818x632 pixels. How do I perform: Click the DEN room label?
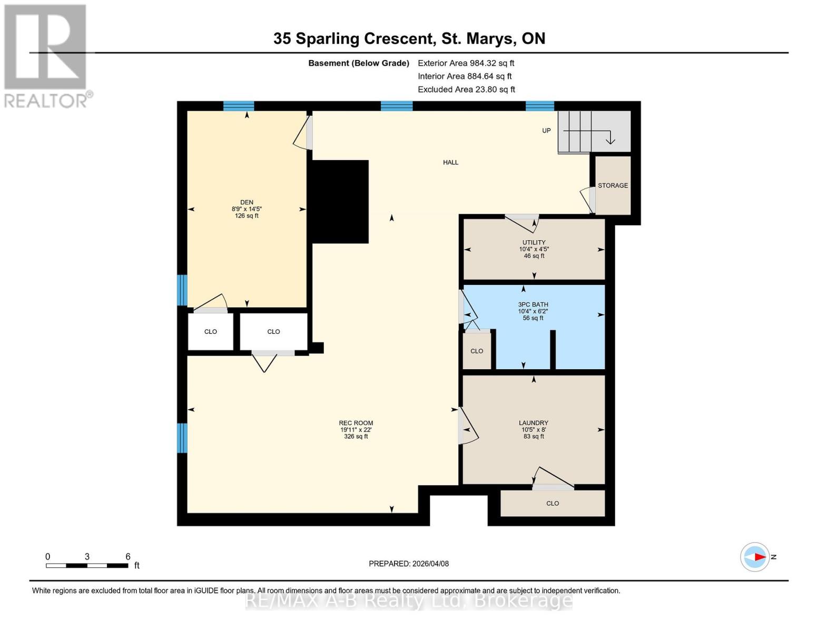247,202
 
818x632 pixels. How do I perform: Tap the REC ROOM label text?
356,423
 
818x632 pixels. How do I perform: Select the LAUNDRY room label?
533,423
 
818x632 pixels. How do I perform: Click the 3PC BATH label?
533,304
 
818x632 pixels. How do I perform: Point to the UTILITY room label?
534,243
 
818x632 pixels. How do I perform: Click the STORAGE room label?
613,185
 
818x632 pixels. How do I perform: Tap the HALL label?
450,162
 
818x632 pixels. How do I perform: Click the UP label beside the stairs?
546,131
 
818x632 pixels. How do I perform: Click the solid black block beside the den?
340,202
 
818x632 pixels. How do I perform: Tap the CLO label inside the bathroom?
477,351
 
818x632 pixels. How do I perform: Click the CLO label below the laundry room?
552,503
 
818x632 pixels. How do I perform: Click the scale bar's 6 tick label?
127,557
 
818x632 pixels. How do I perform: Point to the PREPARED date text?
408,564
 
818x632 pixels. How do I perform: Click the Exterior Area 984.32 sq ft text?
466,63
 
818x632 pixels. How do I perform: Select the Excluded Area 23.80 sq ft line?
466,90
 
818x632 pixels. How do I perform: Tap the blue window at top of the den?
239,106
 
